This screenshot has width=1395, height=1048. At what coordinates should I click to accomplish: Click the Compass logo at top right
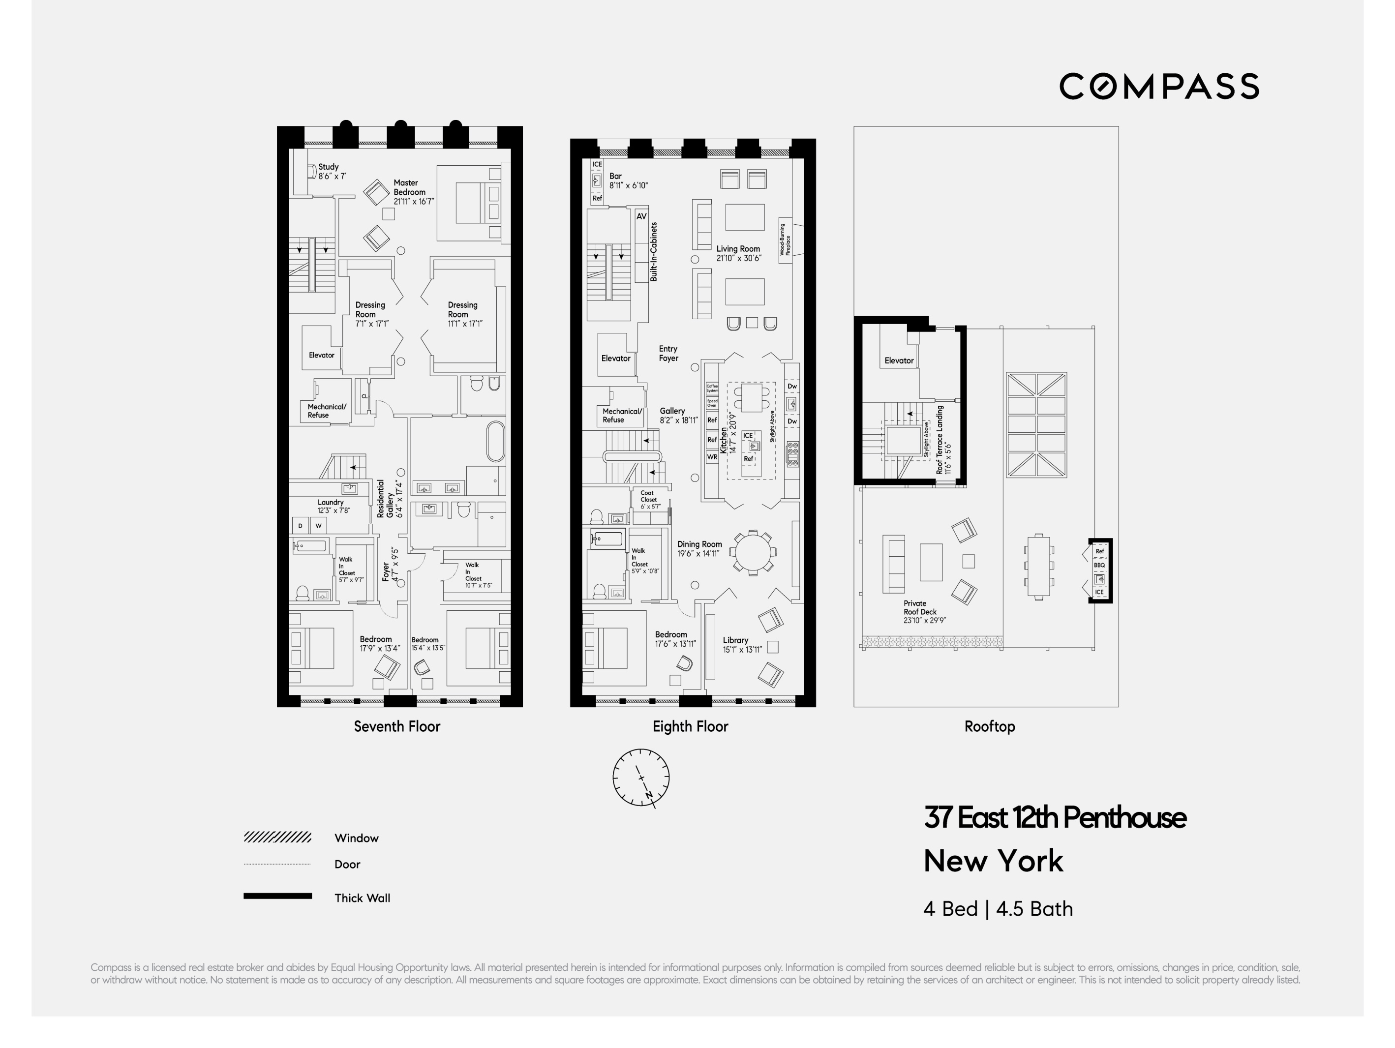click(1158, 87)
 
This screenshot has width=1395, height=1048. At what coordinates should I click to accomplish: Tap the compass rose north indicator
click(648, 796)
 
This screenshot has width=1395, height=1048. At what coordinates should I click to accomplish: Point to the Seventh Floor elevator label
click(321, 355)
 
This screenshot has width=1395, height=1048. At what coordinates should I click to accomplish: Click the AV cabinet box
click(641, 216)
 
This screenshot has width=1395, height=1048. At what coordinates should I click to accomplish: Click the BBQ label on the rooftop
click(1099, 565)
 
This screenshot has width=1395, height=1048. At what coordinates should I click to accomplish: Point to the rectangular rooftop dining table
click(1038, 566)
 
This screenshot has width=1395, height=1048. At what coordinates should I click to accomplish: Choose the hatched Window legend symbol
click(277, 838)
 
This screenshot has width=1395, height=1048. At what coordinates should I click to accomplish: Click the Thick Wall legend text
click(362, 898)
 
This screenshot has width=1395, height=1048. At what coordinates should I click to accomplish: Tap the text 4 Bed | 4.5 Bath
click(998, 909)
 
